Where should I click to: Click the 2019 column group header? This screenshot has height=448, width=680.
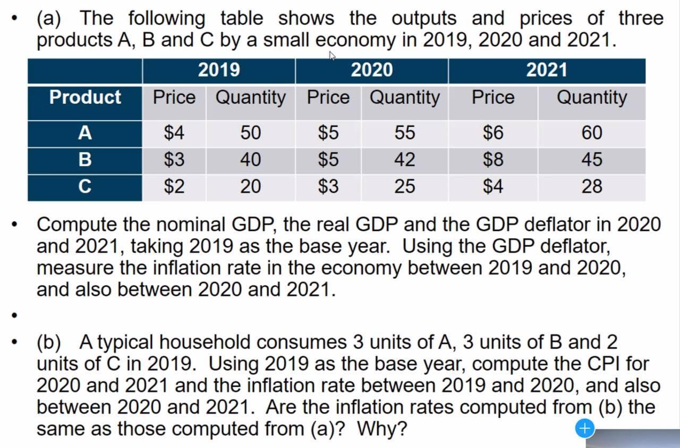click(x=218, y=70)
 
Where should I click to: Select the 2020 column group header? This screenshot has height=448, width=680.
click(x=371, y=70)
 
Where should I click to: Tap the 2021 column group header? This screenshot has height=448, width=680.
click(x=547, y=70)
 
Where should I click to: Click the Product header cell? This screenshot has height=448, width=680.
click(x=85, y=97)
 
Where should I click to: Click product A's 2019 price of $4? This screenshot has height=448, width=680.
click(x=174, y=133)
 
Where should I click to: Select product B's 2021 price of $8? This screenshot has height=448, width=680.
click(x=493, y=160)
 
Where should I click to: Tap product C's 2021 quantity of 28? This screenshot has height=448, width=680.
click(x=592, y=187)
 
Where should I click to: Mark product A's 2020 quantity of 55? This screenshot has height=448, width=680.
click(x=405, y=133)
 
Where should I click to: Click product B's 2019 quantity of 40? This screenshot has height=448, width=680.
click(x=250, y=160)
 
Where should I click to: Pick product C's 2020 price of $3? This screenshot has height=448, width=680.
click(x=328, y=187)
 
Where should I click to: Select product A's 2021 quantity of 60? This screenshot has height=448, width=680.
click(x=592, y=133)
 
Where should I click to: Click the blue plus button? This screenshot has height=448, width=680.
click(x=584, y=427)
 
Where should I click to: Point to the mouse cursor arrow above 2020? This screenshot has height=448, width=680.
click(x=333, y=55)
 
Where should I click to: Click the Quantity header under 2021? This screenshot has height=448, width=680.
click(x=591, y=97)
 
